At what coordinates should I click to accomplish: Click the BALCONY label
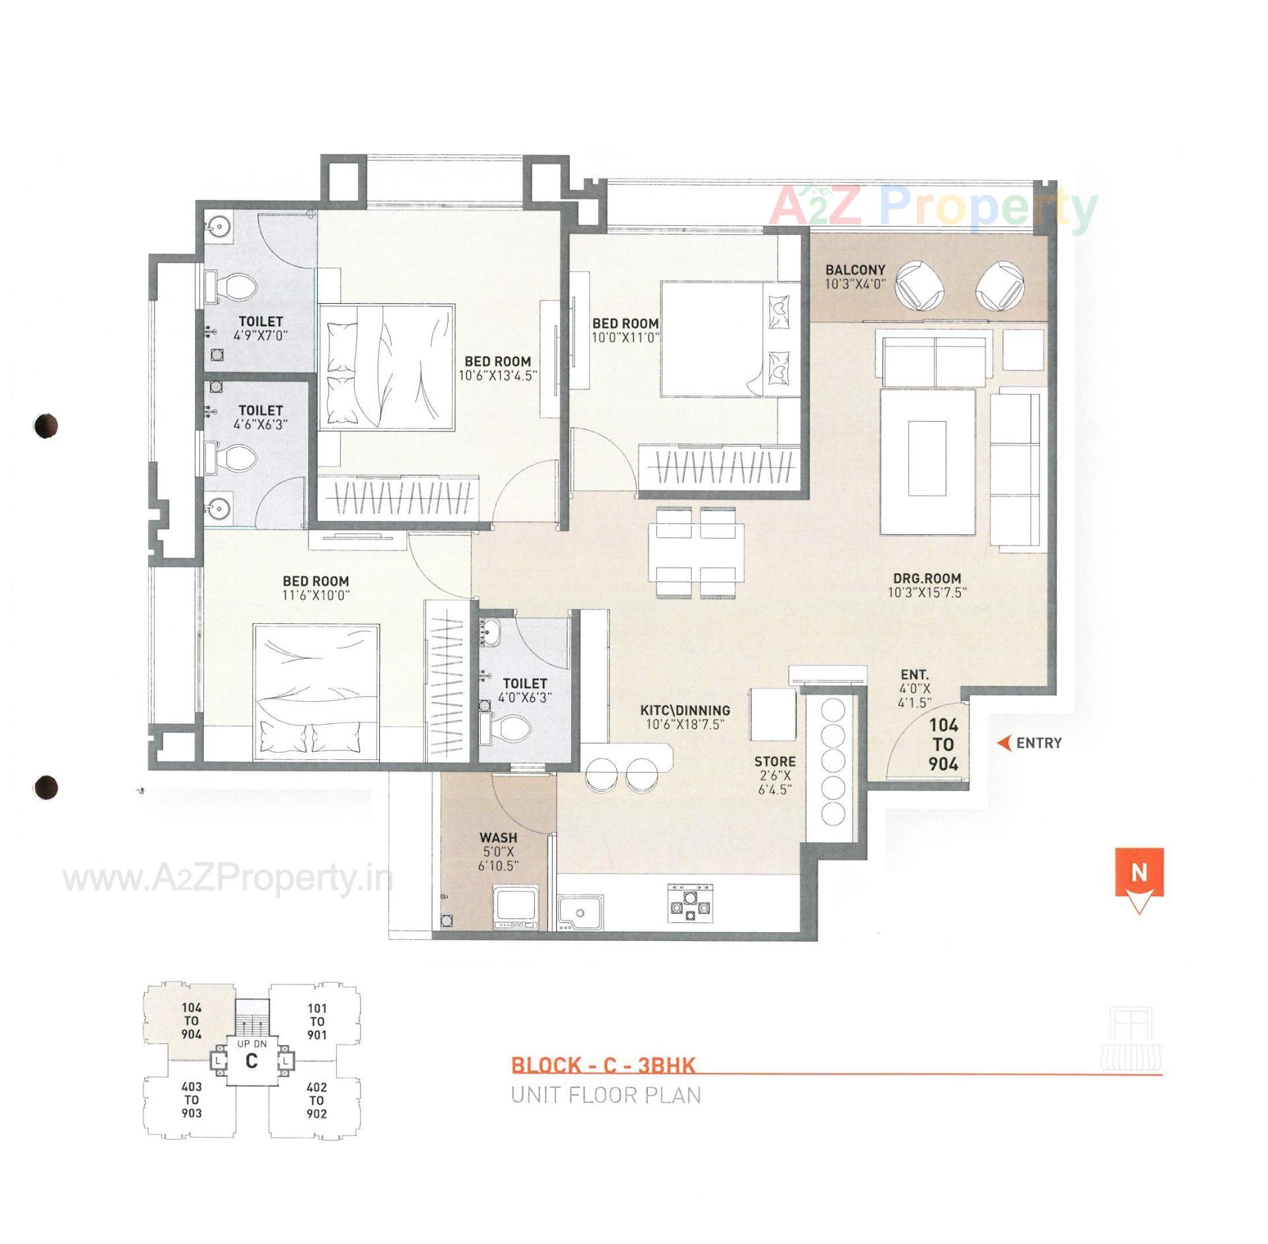click(x=855, y=270)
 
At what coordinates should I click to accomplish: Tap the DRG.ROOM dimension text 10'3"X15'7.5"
click(x=927, y=592)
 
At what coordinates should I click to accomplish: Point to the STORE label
click(x=775, y=761)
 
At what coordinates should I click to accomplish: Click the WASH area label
click(x=498, y=839)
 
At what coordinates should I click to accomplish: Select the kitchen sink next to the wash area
click(x=580, y=913)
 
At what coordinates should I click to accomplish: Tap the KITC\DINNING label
click(x=685, y=710)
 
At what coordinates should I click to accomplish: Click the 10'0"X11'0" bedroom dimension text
click(x=625, y=337)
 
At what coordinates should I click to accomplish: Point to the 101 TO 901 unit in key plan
click(x=317, y=1022)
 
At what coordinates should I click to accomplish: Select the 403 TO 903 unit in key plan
click(x=192, y=1099)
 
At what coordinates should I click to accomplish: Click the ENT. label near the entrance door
click(x=915, y=675)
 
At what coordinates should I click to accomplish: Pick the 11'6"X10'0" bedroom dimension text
click(x=316, y=594)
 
